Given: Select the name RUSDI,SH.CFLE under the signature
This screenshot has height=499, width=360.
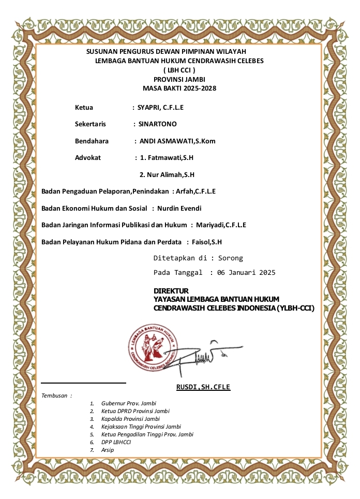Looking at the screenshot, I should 203,387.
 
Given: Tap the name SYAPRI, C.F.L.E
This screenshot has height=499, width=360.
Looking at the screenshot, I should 160,108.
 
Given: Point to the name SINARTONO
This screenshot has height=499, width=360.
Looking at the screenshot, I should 157,124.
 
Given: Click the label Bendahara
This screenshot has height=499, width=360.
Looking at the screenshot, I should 92,141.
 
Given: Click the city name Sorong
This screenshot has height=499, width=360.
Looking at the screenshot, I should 230,258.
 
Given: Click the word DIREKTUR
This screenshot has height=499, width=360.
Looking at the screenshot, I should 171,291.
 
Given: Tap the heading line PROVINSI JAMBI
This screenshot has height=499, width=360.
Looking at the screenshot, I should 179,79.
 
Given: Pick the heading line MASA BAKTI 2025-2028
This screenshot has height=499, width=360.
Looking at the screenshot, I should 179,89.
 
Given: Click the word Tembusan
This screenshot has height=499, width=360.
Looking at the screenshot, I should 55,395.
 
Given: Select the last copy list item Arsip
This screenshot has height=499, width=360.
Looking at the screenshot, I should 108,450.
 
